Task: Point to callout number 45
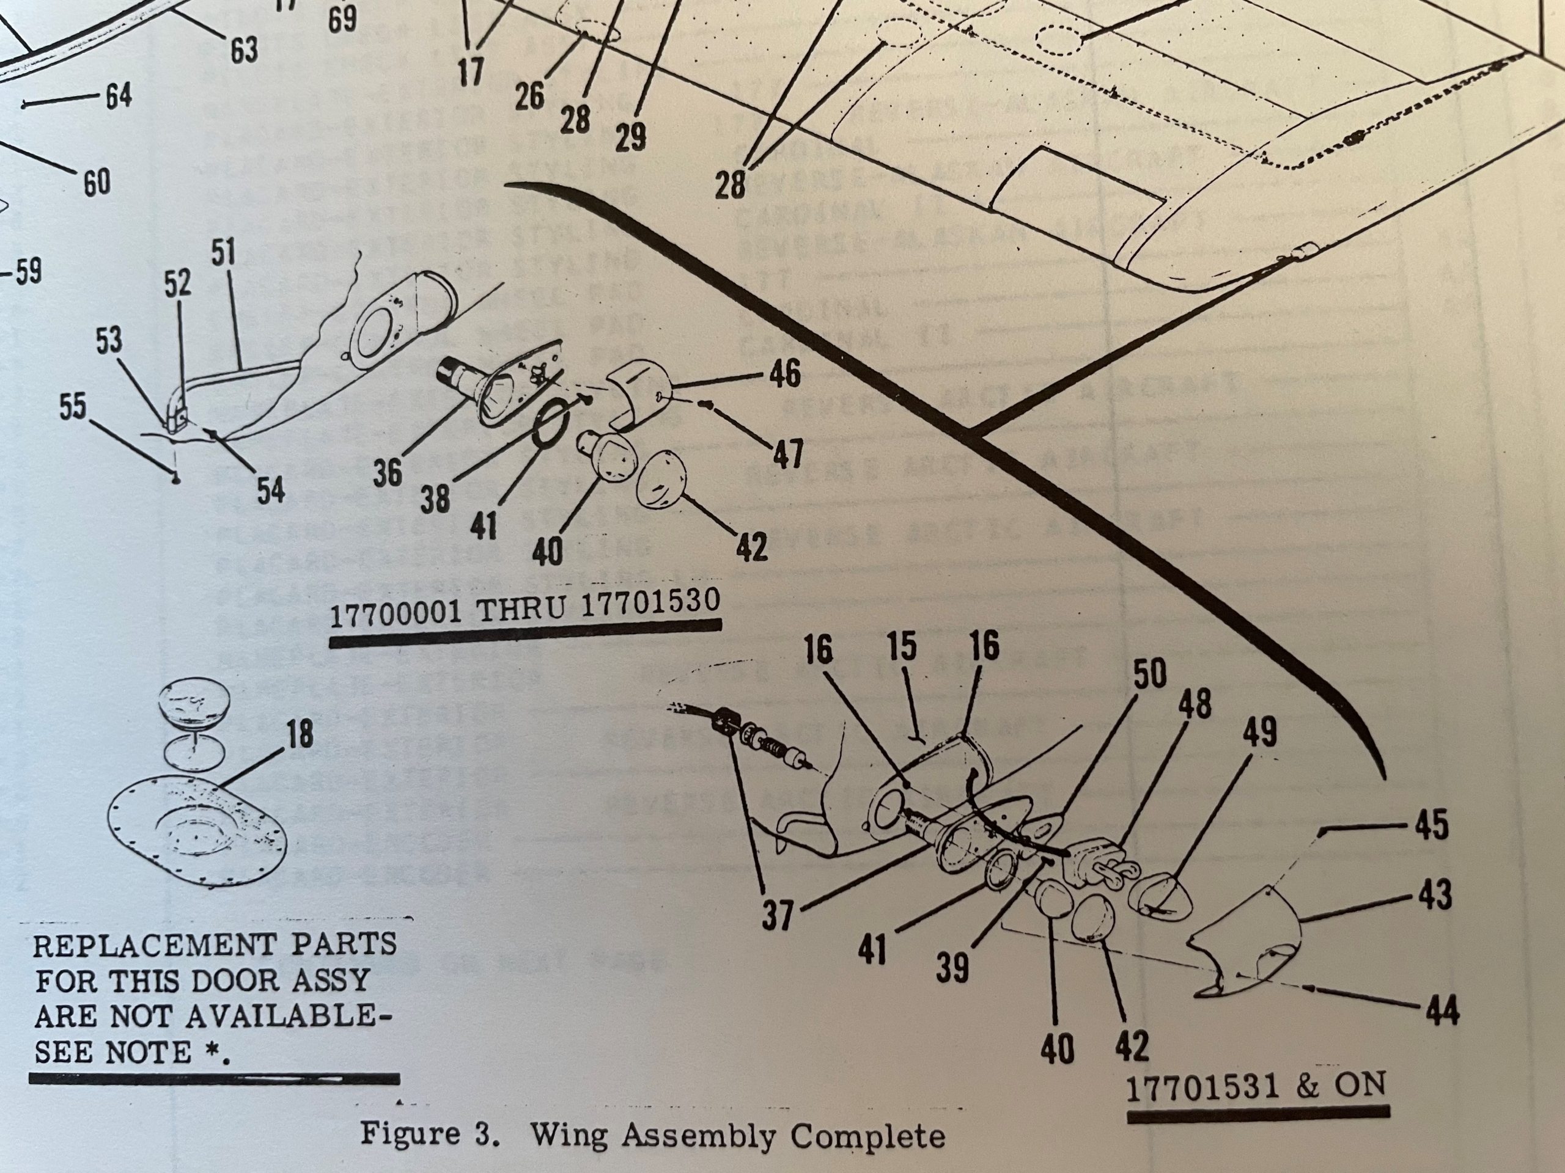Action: click(x=1431, y=825)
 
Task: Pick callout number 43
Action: click(x=1434, y=894)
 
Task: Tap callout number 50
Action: click(x=1150, y=674)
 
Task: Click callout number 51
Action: click(x=223, y=253)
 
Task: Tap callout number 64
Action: click(x=118, y=95)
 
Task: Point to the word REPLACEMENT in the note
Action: click(x=153, y=945)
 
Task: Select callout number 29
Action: click(x=630, y=136)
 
